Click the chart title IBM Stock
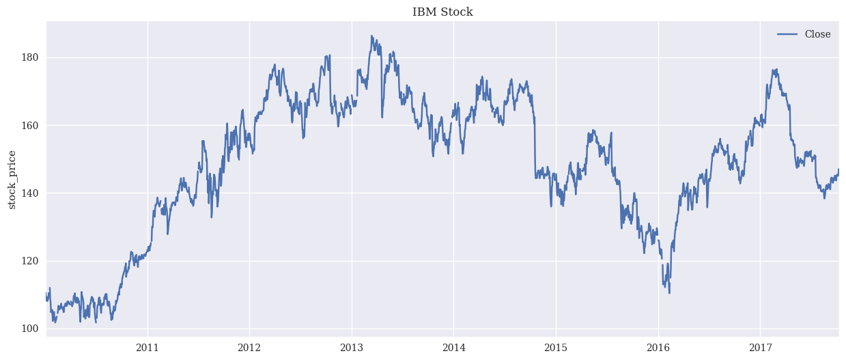coord(442,12)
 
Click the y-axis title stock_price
coord(12,180)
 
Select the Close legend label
coord(817,34)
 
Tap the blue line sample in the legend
coord(787,34)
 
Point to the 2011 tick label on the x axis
coord(147,348)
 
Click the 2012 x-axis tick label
coord(249,348)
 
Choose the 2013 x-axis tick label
coord(352,348)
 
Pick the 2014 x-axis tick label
coord(453,348)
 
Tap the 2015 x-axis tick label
coord(556,348)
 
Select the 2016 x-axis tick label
coord(658,348)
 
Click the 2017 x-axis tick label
coord(760,348)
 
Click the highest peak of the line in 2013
coord(371,36)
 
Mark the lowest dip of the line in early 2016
coord(669,293)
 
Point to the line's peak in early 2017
coord(774,69)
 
